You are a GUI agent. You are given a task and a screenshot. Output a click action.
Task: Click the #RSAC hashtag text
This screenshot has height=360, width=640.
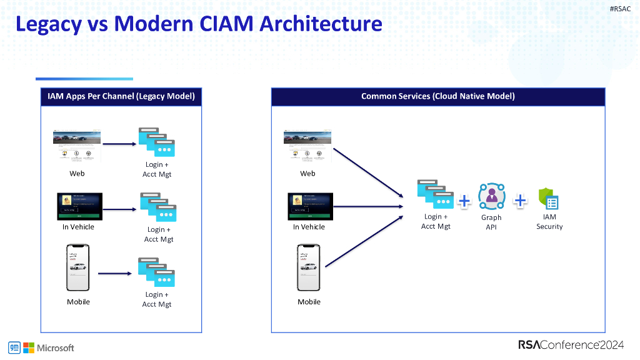(x=620, y=8)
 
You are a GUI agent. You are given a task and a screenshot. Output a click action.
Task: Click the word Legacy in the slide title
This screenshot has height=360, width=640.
(x=48, y=24)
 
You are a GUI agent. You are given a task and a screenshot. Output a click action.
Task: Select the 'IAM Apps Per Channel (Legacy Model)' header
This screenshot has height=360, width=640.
(x=121, y=96)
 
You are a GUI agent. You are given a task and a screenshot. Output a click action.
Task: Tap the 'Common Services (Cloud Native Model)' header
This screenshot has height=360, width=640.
(x=437, y=96)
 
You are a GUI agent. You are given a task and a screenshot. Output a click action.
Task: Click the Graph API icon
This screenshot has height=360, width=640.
(x=491, y=197)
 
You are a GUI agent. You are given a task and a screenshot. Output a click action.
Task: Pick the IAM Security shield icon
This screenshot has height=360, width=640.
(x=548, y=199)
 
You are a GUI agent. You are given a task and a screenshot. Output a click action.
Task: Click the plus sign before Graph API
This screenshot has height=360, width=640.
(x=464, y=201)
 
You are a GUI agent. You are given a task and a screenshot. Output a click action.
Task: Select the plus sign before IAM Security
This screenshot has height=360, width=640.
(x=520, y=201)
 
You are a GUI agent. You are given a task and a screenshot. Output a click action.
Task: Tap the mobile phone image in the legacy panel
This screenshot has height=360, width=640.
(x=78, y=267)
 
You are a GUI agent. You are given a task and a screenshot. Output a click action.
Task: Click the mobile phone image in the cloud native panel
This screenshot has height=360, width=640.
(x=308, y=267)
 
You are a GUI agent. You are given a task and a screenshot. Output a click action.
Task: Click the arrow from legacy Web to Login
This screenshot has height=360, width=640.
(x=119, y=144)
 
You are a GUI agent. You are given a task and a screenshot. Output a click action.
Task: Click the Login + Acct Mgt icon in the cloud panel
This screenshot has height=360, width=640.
(x=435, y=194)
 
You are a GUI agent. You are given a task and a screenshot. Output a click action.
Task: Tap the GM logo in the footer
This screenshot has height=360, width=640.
(x=14, y=347)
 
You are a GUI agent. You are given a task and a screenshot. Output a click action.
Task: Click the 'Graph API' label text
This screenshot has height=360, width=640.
(x=491, y=222)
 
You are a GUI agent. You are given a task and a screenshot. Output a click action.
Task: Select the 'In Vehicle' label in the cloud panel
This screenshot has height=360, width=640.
(x=309, y=227)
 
